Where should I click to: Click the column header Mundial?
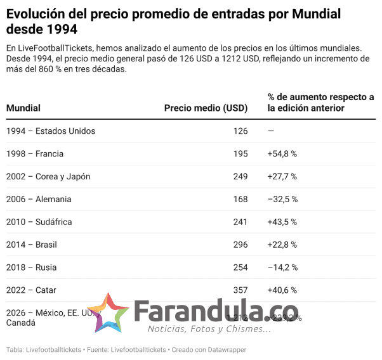23,108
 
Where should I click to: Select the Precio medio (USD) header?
206,108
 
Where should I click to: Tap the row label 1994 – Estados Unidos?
51,131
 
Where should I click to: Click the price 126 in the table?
240,131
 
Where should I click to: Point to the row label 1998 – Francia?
35,154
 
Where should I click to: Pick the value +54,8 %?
282,154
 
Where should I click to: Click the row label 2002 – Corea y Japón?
48,176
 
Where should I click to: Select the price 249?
240,176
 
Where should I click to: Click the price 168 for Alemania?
240,199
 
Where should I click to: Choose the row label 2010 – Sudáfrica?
39,222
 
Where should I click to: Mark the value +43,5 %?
282,222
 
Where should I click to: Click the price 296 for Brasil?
240,245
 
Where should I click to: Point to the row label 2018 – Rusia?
32,267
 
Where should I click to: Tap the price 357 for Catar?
240,290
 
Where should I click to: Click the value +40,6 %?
282,290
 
